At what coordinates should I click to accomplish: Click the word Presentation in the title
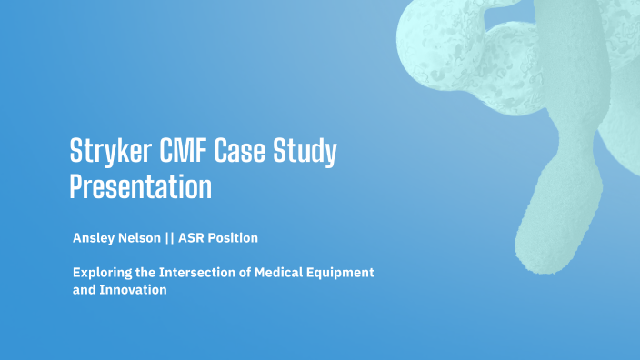[141, 187]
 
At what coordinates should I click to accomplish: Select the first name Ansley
[94, 238]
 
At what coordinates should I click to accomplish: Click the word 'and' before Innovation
[84, 290]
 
